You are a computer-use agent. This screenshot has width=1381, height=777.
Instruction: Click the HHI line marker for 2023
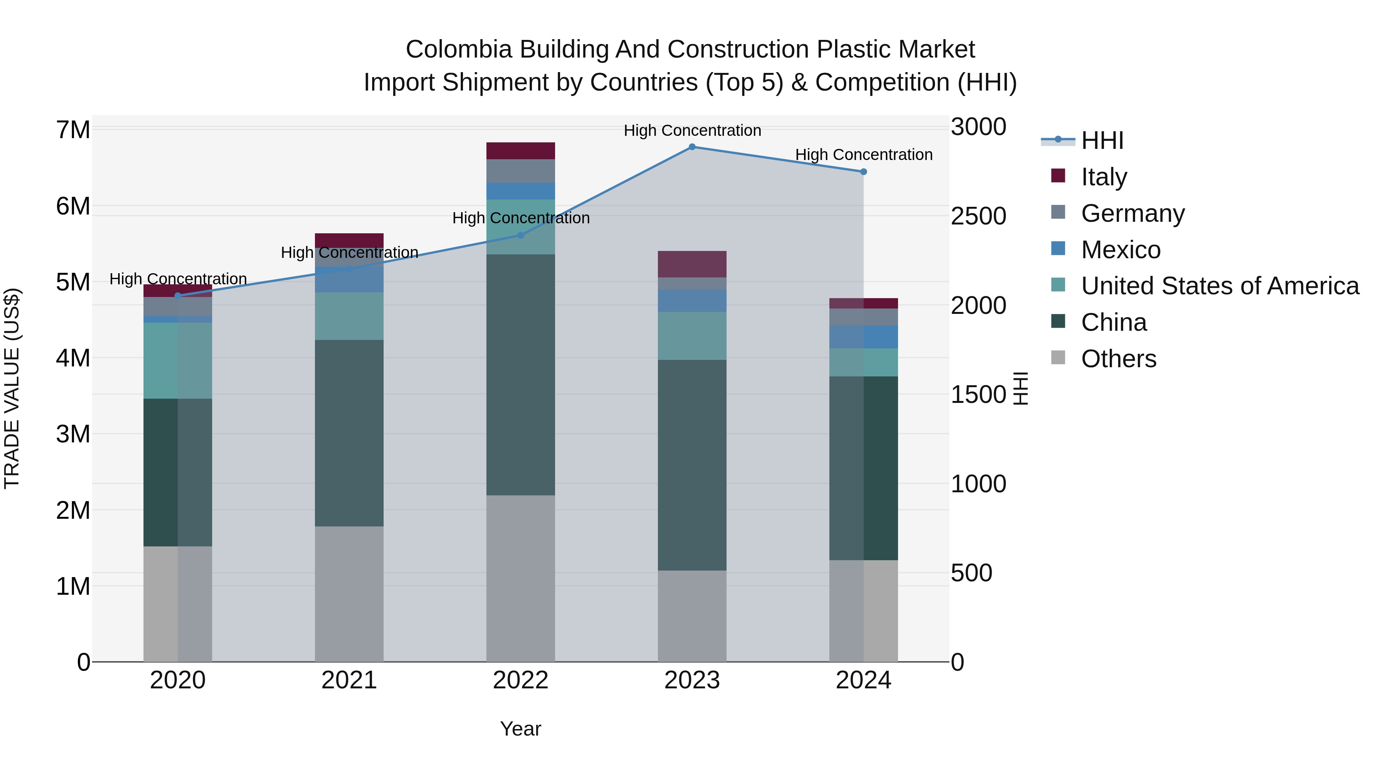[x=692, y=147]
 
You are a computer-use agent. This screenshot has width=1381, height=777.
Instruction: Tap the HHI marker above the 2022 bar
[x=520, y=236]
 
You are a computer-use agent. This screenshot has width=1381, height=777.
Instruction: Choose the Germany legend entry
[x=1132, y=213]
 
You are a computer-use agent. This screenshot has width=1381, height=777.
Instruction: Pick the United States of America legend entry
[x=1219, y=286]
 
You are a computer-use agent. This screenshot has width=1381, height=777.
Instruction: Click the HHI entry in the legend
[x=1102, y=140]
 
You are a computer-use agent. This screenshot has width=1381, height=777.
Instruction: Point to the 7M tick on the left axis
[x=73, y=130]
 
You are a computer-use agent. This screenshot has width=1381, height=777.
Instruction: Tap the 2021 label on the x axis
[x=349, y=680]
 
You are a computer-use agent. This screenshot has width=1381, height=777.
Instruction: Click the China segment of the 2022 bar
[x=520, y=375]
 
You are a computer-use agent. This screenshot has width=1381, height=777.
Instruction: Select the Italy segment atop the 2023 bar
[x=692, y=264]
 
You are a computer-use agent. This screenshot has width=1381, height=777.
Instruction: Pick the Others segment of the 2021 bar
[x=349, y=594]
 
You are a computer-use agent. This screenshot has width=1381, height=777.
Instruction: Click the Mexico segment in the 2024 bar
[x=863, y=337]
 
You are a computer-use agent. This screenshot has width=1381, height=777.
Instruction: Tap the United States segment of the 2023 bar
[x=692, y=336]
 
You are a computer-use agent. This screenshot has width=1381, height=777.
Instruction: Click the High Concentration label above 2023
[x=692, y=130]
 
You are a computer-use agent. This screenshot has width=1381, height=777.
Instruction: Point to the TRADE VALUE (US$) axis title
[x=12, y=388]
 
